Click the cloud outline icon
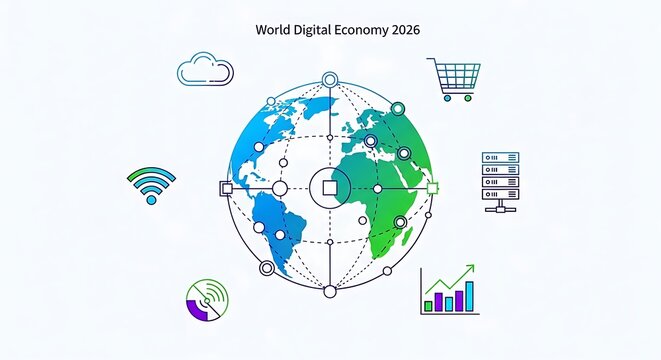205,70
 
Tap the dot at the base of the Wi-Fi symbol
151,199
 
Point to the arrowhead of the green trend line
470,269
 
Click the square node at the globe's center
329,187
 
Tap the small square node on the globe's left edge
225,187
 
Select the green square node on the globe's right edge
433,187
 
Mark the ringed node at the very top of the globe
329,78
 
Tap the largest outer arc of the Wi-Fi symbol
151,173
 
